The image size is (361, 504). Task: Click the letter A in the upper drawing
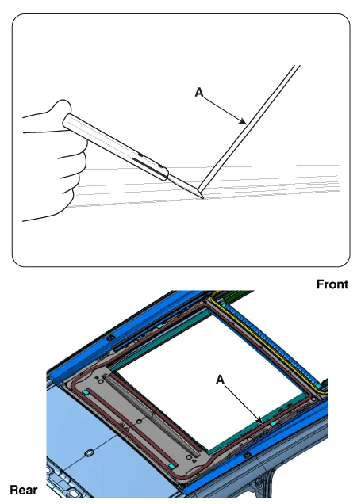point(199,93)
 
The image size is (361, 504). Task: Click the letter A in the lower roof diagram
point(220,380)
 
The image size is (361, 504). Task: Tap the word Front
point(332,284)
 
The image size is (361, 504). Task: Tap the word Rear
point(24,491)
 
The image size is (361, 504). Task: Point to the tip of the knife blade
point(202,198)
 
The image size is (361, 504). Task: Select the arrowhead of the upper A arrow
point(244,121)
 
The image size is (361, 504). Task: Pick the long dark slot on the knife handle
point(149,167)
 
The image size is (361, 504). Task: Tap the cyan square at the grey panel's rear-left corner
point(86,392)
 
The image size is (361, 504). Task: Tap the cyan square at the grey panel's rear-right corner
point(173,466)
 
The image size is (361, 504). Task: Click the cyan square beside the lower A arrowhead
point(273,424)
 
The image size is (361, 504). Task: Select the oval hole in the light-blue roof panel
point(89,453)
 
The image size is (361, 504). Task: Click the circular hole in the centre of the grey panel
point(139,422)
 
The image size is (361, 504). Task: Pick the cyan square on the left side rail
point(160,326)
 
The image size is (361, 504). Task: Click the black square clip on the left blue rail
point(110,337)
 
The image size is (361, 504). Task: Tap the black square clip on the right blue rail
point(247,455)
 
